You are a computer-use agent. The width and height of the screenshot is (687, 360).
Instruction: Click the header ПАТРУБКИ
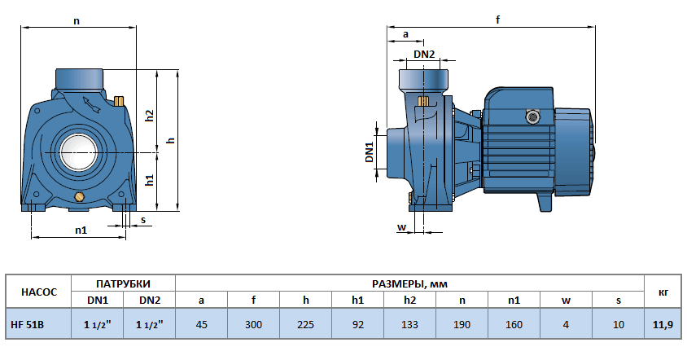click(123, 283)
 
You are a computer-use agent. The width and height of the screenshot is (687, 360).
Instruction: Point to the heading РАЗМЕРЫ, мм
click(409, 283)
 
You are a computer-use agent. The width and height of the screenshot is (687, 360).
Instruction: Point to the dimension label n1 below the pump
click(81, 230)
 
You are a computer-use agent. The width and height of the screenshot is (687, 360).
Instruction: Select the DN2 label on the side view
click(424, 55)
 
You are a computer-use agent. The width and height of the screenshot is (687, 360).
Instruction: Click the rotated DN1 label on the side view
click(369, 151)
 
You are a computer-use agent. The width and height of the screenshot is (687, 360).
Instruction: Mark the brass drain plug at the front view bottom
click(79, 198)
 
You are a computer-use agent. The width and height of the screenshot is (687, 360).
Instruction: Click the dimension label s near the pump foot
click(143, 219)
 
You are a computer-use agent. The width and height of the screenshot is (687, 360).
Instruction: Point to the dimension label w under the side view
click(401, 226)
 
